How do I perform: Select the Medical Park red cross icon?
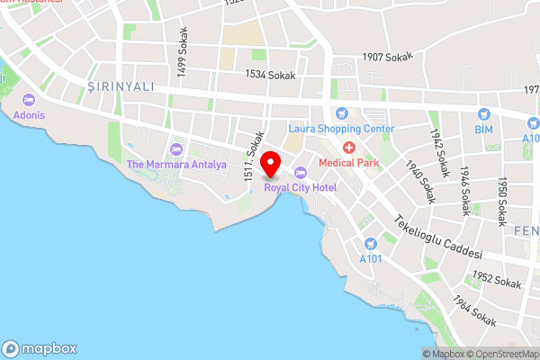coord(347,147)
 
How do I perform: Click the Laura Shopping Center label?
coord(341,129)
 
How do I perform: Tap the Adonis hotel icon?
coord(28,100)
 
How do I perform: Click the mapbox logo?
coord(40,348)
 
